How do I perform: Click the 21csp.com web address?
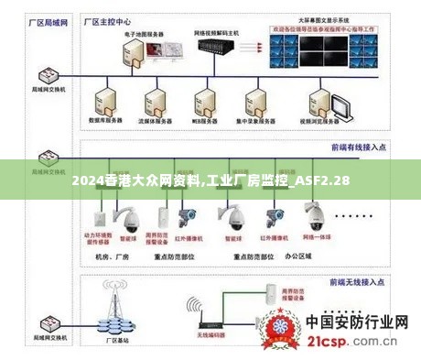357,344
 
